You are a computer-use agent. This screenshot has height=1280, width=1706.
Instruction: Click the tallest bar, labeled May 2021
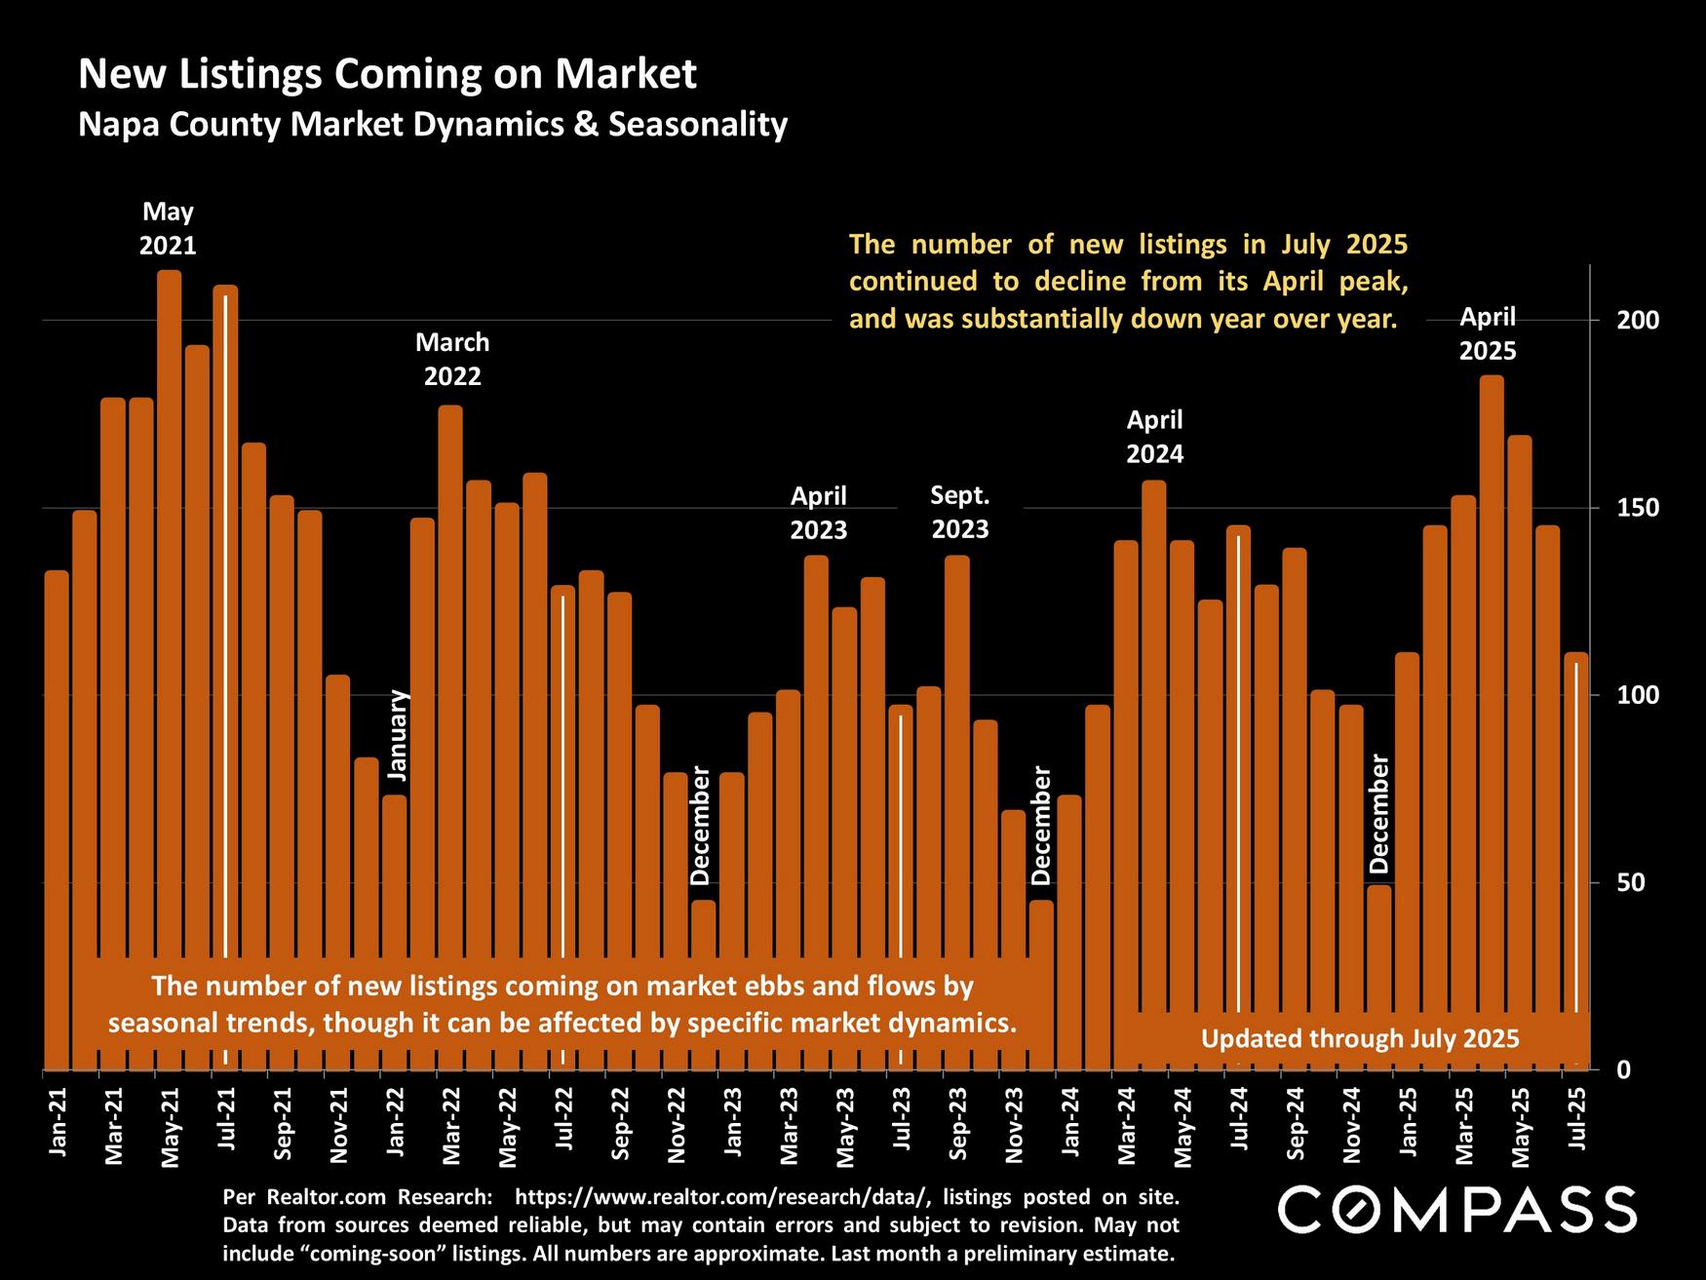tap(169, 585)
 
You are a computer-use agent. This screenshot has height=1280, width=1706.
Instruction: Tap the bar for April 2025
tap(1491, 682)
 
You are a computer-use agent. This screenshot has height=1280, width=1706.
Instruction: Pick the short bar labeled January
tap(394, 877)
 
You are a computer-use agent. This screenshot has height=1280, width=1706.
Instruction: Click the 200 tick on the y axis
tap(1637, 321)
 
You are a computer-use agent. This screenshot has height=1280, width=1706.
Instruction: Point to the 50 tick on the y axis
tap(1630, 883)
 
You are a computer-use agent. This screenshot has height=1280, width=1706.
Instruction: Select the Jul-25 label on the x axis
tap(1576, 1122)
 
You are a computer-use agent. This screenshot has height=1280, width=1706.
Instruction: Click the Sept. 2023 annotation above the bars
tap(959, 512)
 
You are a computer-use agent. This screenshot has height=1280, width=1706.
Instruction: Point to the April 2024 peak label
tap(1154, 437)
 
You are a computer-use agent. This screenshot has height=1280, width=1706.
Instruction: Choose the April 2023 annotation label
tap(818, 513)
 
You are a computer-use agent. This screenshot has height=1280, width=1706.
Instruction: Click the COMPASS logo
tap(1456, 1210)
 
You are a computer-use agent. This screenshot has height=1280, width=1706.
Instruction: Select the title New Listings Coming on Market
tap(387, 74)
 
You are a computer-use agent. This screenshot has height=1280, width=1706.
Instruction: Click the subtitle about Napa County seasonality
tap(432, 125)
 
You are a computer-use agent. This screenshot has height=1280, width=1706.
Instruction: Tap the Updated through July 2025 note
tap(1359, 1038)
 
